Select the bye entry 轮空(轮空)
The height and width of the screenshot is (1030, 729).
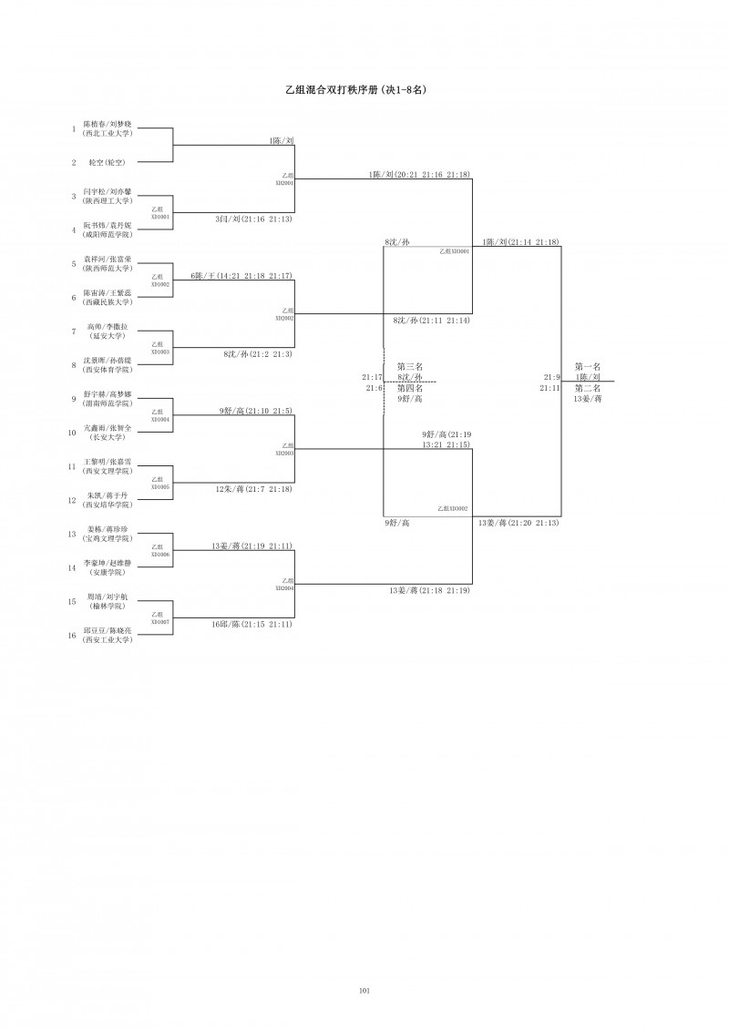(x=107, y=162)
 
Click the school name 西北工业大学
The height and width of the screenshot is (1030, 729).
(x=107, y=133)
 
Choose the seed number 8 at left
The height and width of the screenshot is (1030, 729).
(x=72, y=365)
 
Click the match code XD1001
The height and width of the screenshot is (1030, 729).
(x=159, y=217)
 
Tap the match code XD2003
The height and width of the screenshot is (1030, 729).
(x=284, y=453)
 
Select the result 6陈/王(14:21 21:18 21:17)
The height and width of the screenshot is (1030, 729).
(x=241, y=276)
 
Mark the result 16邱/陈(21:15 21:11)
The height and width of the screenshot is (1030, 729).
(x=252, y=624)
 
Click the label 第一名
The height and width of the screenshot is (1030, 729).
(x=588, y=366)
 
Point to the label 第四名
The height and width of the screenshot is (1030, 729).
(x=409, y=388)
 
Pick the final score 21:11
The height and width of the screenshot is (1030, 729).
(x=549, y=388)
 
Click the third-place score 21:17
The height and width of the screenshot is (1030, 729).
(x=372, y=377)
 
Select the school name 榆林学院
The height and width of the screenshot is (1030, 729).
(x=108, y=606)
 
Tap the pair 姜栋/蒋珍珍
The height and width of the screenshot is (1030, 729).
(x=108, y=530)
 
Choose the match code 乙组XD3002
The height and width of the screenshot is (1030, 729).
(x=453, y=508)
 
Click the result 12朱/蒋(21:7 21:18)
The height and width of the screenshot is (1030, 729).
(x=253, y=490)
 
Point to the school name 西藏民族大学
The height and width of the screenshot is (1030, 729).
(x=108, y=301)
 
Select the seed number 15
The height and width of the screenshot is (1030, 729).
(x=72, y=601)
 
